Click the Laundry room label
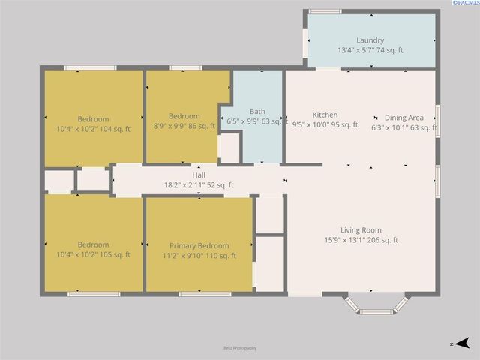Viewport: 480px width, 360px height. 370,40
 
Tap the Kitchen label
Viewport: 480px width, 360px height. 325,115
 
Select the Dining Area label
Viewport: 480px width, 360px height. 404,118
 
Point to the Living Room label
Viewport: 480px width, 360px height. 361,230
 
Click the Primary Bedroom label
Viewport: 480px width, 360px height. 199,246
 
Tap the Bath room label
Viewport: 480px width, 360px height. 257,111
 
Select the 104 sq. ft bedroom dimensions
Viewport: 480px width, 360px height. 94,129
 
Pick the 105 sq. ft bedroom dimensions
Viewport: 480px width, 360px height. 94,254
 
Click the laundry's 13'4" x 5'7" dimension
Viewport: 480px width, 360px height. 370,50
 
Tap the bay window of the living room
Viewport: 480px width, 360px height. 376,304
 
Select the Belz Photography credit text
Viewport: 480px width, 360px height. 239,348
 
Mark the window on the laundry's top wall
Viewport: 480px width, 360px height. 325,11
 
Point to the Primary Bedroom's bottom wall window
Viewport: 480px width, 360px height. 204,293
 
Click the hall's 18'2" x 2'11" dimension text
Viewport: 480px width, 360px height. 199,185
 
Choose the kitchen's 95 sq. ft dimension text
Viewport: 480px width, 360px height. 325,125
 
